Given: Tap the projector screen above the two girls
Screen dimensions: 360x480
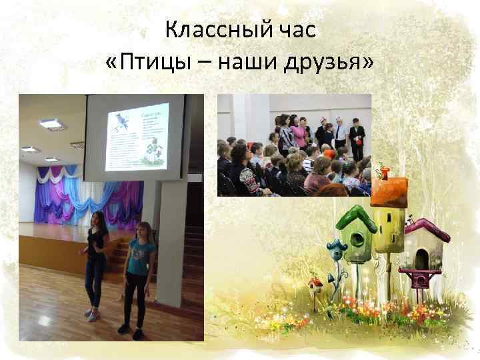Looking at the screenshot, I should pos(137,137).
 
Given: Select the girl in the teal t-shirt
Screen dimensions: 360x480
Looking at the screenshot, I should pos(139,273).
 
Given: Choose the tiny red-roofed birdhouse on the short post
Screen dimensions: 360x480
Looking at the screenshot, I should pos(315,283).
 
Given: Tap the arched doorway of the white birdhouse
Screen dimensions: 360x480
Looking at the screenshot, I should pos(421,257).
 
